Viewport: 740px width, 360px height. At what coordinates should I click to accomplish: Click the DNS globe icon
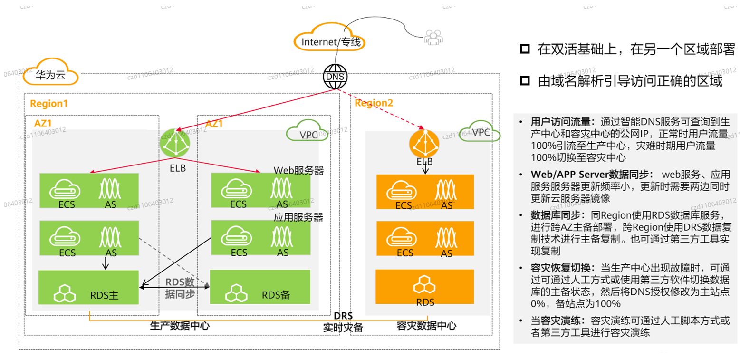336,76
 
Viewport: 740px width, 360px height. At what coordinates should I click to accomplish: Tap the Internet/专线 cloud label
331,42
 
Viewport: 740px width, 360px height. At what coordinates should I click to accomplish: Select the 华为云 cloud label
50,74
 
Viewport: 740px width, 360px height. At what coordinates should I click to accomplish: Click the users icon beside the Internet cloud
432,37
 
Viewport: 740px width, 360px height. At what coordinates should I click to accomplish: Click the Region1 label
49,103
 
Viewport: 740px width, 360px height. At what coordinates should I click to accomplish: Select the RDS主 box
88,288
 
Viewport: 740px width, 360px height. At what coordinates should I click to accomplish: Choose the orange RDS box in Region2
425,289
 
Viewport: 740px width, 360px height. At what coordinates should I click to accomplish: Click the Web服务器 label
298,170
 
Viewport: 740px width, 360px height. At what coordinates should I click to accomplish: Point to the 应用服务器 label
298,217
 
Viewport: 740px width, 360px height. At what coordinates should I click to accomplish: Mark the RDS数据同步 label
180,288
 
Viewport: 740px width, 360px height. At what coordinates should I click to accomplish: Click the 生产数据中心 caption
180,326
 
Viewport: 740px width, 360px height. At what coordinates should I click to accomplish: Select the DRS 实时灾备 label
343,321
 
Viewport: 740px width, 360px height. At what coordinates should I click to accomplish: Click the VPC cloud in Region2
481,132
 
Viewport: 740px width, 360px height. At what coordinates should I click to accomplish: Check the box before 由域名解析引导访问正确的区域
524,81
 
